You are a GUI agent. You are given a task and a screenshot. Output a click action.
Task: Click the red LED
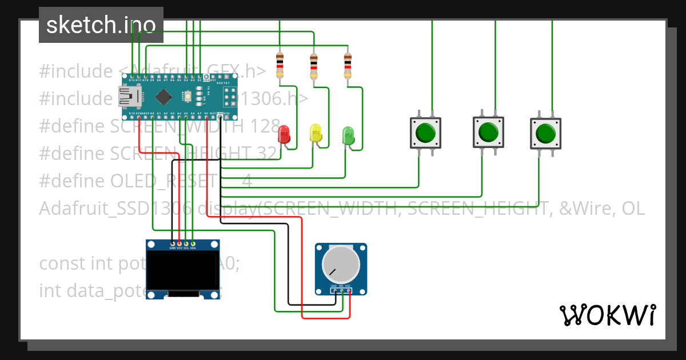[x=284, y=134]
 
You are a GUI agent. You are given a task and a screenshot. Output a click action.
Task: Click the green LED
[x=348, y=135]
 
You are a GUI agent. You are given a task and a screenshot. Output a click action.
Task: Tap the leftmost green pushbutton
[x=426, y=133]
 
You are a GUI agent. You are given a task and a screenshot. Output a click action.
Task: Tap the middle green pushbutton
[x=488, y=132]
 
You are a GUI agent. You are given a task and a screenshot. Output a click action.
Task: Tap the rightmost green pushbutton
[x=545, y=134]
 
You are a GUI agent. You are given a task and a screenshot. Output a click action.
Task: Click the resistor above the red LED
[x=280, y=65]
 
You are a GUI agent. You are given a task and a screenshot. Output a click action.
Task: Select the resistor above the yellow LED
[x=313, y=66]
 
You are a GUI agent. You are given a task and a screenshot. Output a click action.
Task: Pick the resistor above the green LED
[x=347, y=66]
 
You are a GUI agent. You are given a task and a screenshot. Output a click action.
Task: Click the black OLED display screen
[x=183, y=271]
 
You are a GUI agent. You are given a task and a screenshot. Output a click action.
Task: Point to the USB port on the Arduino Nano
[x=128, y=97]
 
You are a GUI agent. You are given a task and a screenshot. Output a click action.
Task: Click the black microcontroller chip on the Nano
[x=163, y=97]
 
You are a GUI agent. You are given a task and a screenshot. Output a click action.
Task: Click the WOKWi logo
[x=607, y=315]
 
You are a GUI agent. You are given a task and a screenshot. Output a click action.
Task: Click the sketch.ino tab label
[x=101, y=25]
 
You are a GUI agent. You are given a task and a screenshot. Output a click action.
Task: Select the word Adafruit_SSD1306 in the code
[x=114, y=209]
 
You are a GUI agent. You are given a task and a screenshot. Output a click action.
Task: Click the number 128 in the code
[x=265, y=126]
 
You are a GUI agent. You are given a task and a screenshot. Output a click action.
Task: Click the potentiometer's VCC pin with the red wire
[x=349, y=290]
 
